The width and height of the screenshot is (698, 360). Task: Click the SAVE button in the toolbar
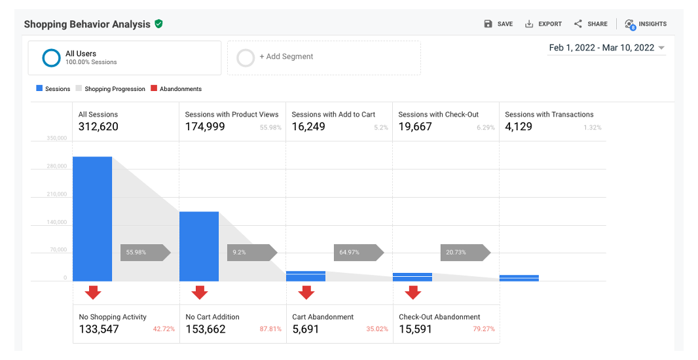pos(498,24)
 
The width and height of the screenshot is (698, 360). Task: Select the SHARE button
pos(591,24)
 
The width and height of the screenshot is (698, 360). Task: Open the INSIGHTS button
pos(645,24)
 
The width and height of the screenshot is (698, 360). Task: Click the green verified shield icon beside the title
pos(158,24)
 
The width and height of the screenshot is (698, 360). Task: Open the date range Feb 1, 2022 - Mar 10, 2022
pos(606,48)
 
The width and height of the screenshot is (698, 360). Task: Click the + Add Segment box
pos(323,58)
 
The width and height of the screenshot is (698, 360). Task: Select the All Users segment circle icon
pos(51,58)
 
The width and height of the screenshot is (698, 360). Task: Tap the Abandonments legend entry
pos(176,89)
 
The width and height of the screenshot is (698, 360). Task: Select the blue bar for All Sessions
pos(92,219)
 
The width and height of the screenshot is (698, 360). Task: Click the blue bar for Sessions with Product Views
pos(199,246)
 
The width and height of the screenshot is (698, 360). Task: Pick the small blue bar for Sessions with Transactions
pos(519,278)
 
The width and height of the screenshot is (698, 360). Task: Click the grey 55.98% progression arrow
pos(145,252)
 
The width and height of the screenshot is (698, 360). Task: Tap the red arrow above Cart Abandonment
pos(306,292)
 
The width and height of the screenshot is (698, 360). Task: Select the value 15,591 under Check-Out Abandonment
pos(415,329)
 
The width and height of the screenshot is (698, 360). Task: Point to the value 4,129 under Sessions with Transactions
pos(521,126)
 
